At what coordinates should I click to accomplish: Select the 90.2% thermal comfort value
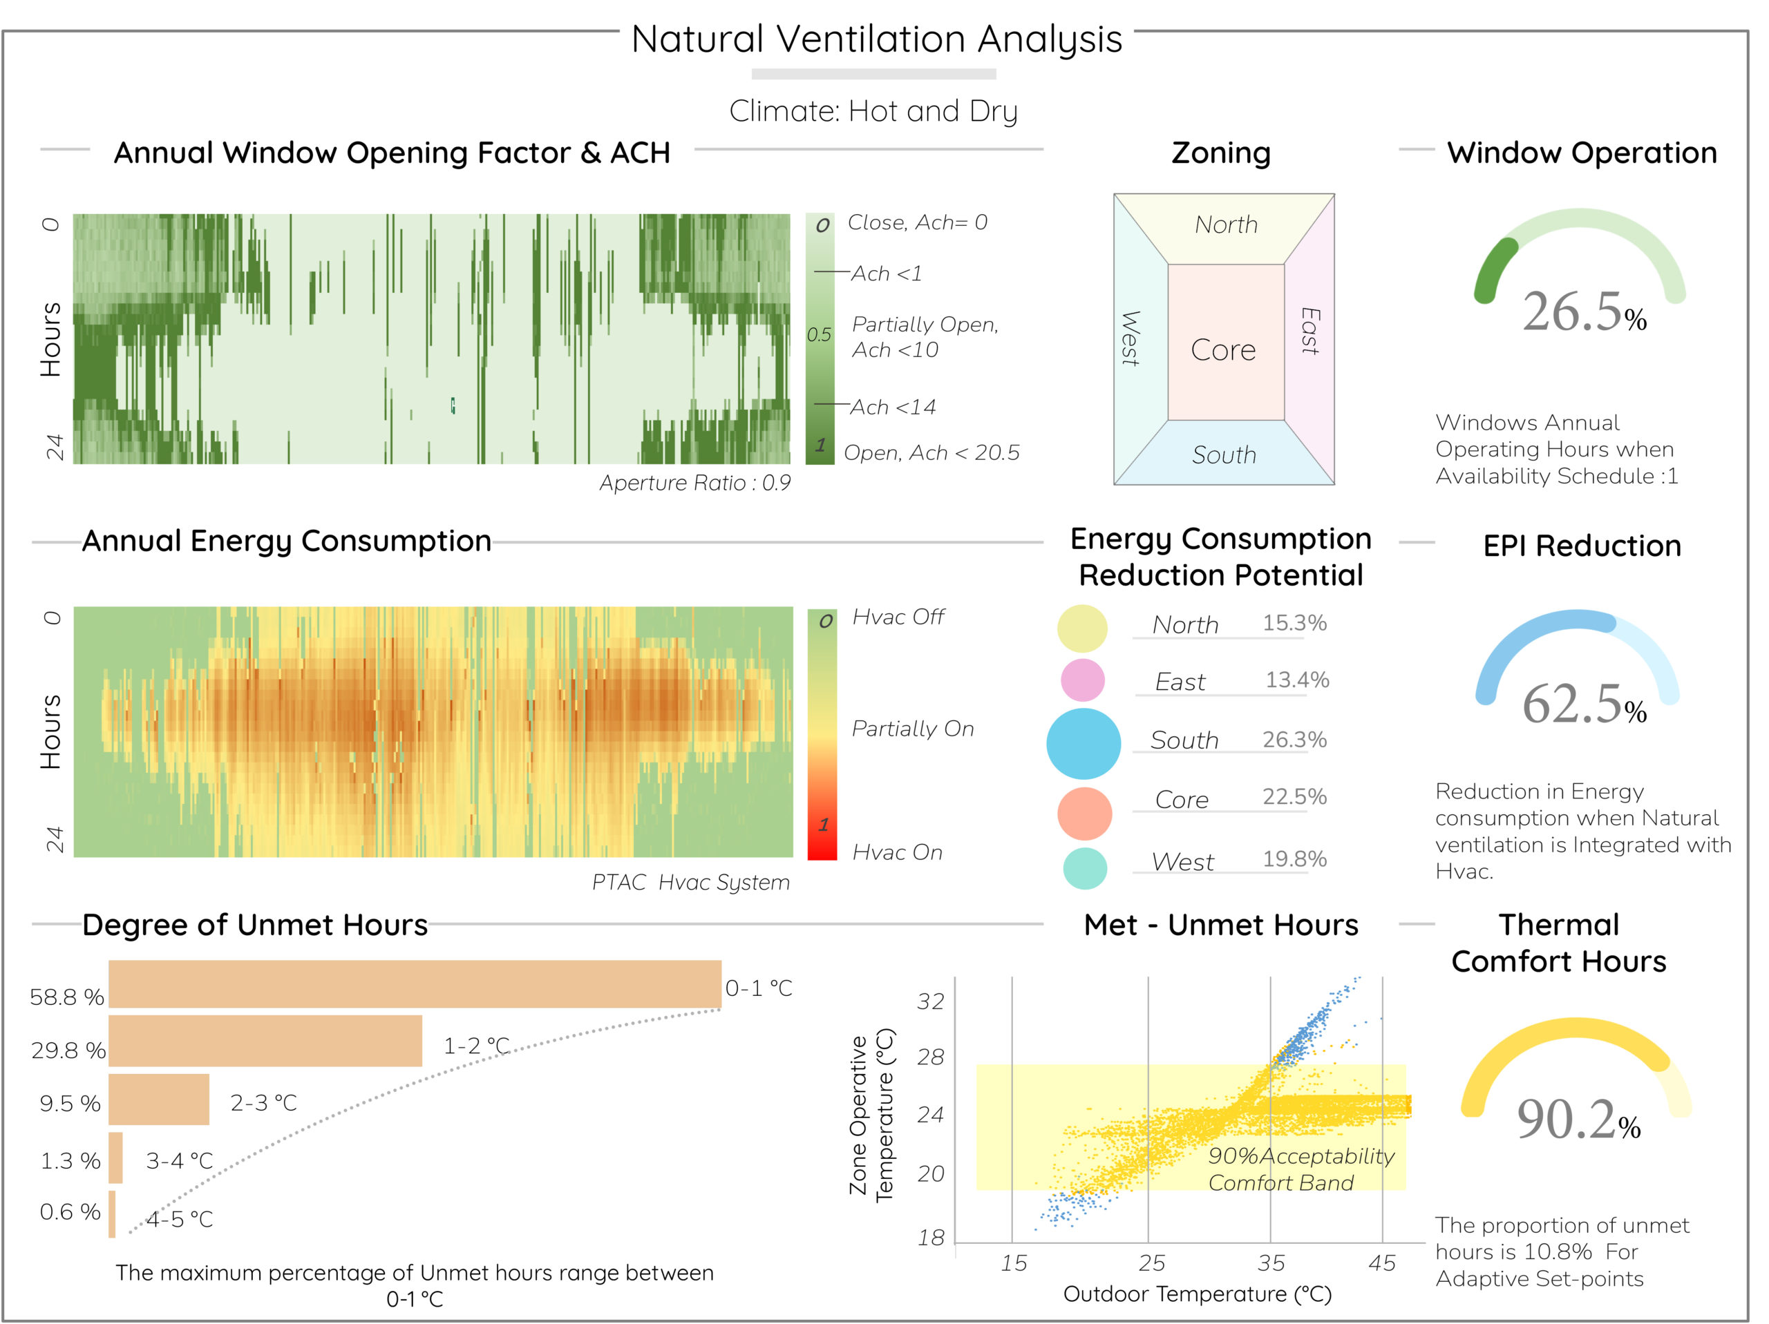coord(1577,1120)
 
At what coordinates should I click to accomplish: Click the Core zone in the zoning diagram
coord(1223,349)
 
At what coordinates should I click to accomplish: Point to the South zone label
coord(1223,455)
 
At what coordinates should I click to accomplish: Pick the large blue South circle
coord(1084,744)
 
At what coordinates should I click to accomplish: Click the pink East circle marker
coord(1082,680)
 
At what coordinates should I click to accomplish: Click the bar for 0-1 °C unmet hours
coord(414,984)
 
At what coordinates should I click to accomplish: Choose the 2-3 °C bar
coord(158,1100)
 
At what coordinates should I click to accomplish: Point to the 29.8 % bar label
coord(68,1050)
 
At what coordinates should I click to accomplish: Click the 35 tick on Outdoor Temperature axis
coord(1271,1264)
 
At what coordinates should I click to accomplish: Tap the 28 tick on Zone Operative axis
coord(930,1057)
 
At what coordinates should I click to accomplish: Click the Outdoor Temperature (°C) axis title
coord(1198,1294)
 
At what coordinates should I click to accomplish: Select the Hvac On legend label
coord(898,852)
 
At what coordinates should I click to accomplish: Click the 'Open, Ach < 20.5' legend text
coord(931,453)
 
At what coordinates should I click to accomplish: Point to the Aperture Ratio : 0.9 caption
coord(695,483)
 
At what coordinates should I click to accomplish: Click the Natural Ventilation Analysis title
coord(876,39)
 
